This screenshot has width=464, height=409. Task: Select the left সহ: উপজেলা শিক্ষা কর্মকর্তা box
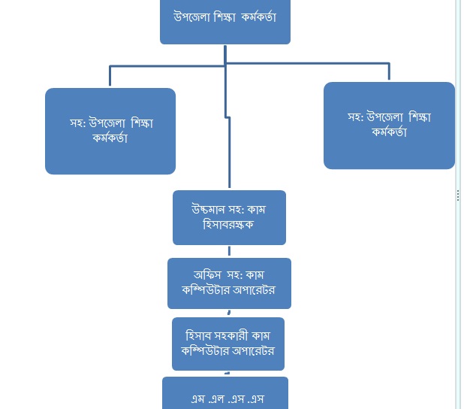pyautogui.click(x=110, y=131)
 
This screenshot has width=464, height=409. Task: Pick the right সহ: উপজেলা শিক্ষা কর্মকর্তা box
pyautogui.click(x=389, y=126)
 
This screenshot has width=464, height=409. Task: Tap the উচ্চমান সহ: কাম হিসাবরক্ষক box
pyautogui.click(x=229, y=217)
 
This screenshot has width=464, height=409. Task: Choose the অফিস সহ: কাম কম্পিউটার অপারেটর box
pyautogui.click(x=229, y=283)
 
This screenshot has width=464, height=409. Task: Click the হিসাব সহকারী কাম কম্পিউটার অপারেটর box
pyautogui.click(x=229, y=344)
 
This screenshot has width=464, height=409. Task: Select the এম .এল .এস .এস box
pyautogui.click(x=225, y=395)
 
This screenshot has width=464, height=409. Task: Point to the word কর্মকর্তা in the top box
pyautogui.click(x=259, y=17)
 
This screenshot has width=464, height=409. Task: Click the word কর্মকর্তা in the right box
pyautogui.click(x=388, y=132)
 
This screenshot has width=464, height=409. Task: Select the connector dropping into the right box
pyautogui.click(x=389, y=72)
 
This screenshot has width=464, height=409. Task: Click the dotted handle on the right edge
pyautogui.click(x=458, y=195)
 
